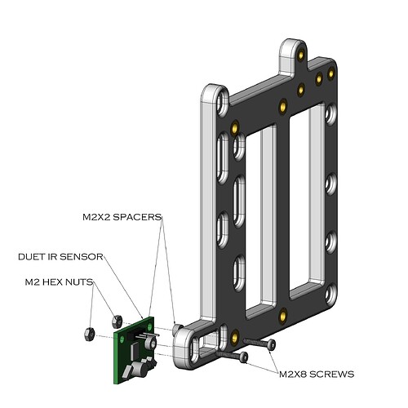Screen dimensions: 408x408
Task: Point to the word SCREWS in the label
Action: tap(332, 375)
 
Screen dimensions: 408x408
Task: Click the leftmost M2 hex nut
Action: tap(89, 335)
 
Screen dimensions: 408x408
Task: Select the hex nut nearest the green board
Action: tap(117, 322)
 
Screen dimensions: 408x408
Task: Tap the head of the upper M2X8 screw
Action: tap(271, 344)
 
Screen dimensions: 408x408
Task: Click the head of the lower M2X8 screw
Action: tap(244, 357)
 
